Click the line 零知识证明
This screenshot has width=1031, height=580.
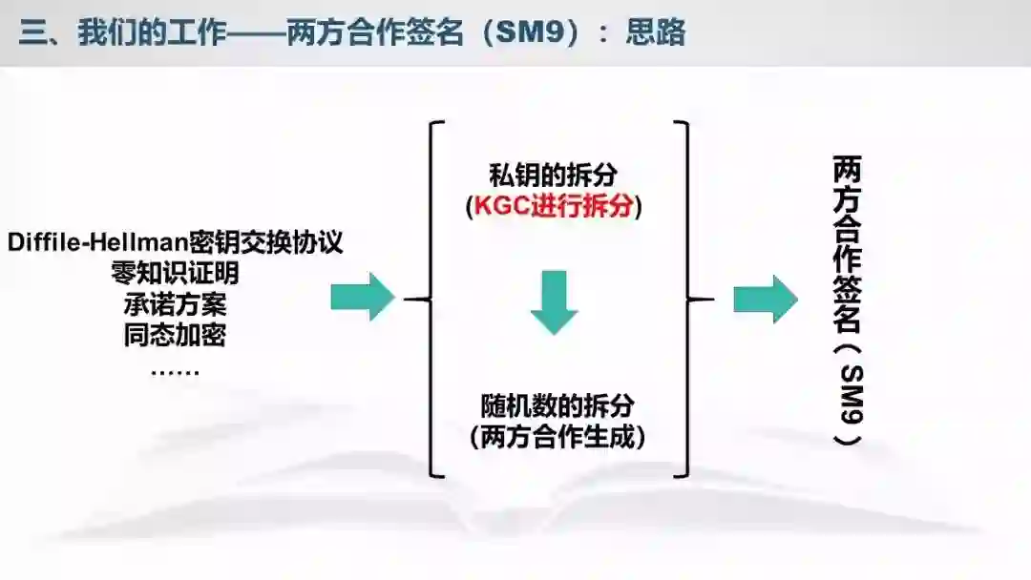pos(175,274)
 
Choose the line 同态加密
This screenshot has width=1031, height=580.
pos(175,336)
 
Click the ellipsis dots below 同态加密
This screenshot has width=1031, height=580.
pos(175,370)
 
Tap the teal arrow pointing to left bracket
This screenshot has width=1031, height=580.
pos(362,298)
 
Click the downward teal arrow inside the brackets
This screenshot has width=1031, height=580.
pos(555,300)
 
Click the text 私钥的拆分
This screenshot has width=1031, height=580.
pos(554,176)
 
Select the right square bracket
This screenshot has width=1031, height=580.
pos(684,299)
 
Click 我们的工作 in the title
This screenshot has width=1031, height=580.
pos(153,32)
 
